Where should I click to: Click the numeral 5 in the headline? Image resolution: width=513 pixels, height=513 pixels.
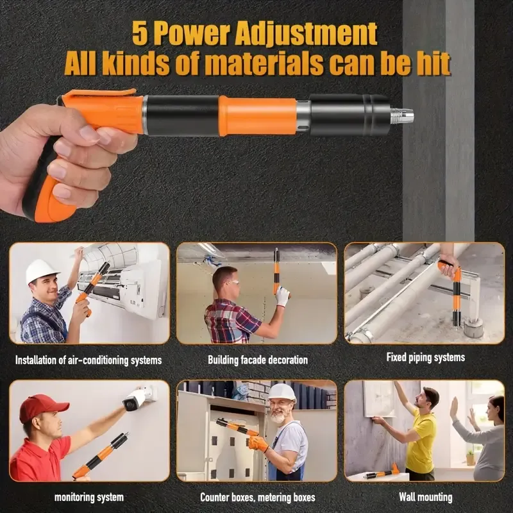140,33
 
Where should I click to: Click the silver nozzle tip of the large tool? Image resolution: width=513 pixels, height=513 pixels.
403,116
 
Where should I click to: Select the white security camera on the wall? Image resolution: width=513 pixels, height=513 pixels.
135,398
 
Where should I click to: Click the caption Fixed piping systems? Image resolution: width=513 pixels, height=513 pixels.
425,357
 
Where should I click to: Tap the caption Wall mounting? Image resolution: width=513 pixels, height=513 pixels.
425,497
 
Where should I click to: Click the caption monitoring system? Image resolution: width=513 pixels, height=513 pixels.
89,497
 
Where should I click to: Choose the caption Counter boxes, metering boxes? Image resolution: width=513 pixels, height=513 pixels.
257,497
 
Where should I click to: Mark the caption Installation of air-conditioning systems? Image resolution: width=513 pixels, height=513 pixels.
88,360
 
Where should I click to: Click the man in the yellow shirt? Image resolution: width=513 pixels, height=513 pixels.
421,436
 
